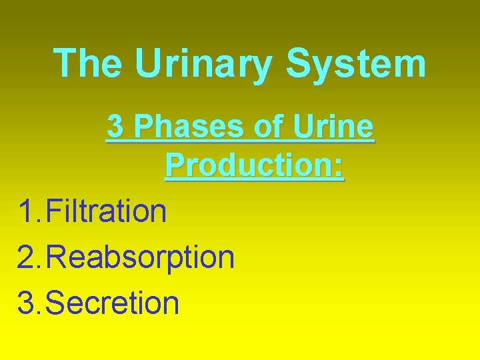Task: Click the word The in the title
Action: click(88, 64)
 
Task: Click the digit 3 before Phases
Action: click(115, 127)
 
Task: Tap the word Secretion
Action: click(114, 303)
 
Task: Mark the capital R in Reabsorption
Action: click(58, 257)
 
